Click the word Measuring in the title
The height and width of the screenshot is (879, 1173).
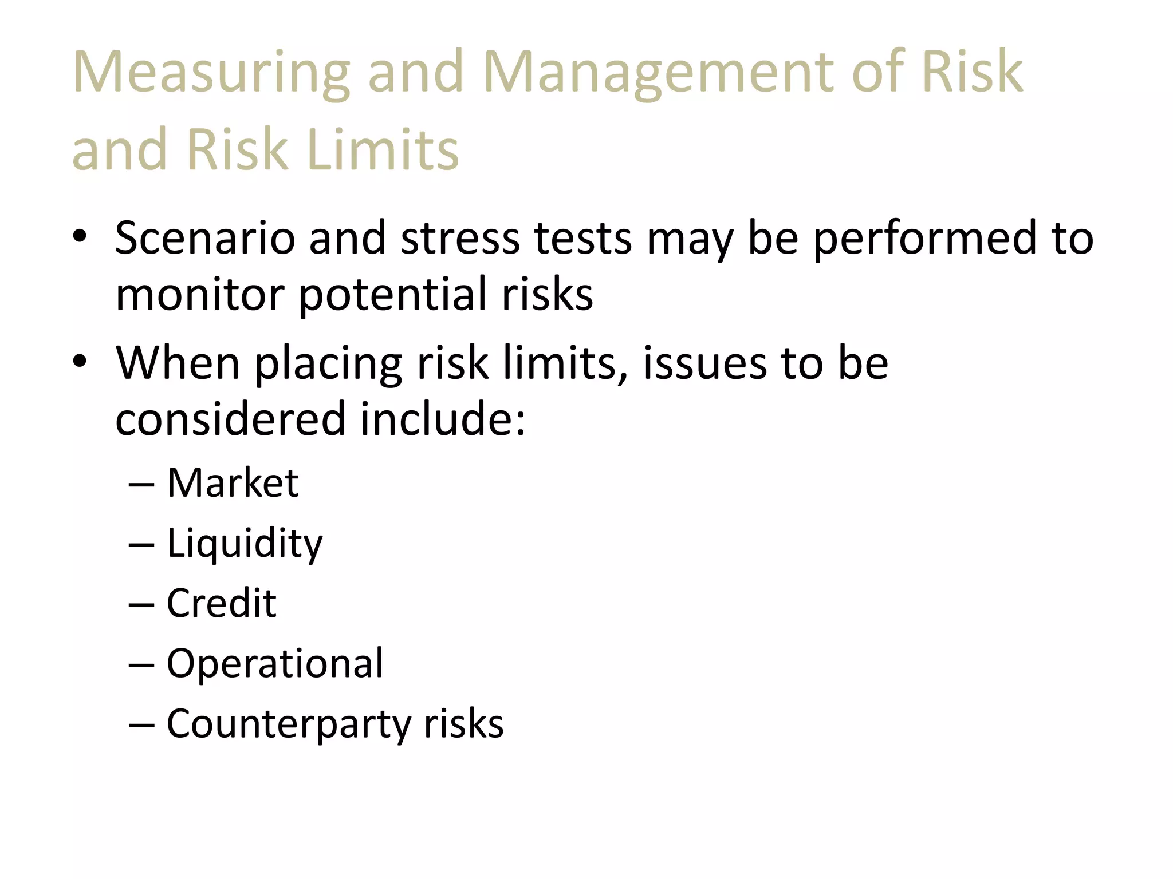(211, 73)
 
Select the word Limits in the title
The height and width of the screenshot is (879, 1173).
(383, 150)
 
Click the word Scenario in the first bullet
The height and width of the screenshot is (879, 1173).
(205, 238)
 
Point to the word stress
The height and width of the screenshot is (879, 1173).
(460, 238)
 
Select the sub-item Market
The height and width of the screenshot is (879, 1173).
(233, 483)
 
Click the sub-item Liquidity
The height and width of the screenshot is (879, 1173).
(245, 544)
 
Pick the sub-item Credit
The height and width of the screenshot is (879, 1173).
(222, 603)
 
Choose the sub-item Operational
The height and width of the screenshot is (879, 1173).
(275, 664)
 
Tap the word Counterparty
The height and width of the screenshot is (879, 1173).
(289, 724)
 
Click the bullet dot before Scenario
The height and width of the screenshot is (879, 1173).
(80, 236)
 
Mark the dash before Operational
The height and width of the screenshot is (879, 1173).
(141, 665)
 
